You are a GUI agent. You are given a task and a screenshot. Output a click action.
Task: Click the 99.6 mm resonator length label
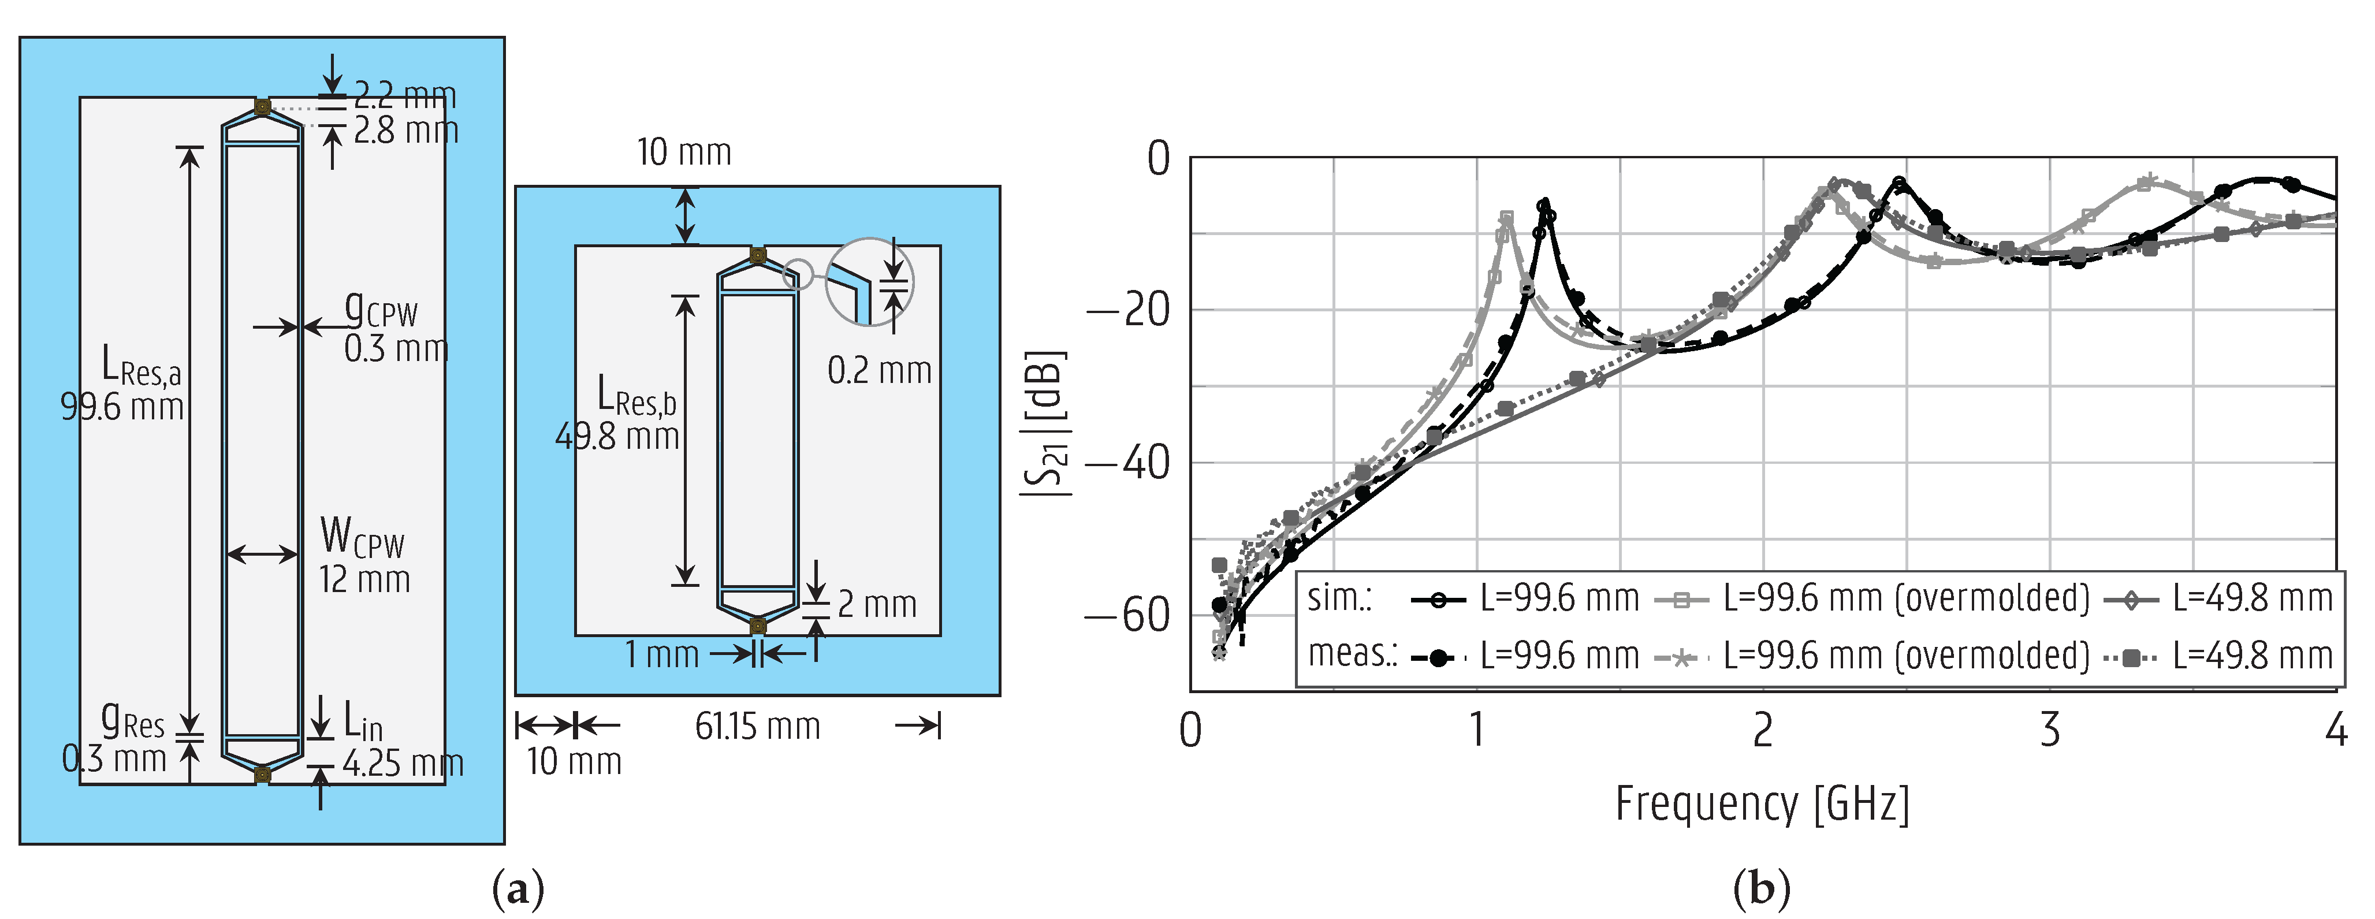click(122, 405)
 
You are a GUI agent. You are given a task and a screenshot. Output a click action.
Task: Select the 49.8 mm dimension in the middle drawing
click(617, 435)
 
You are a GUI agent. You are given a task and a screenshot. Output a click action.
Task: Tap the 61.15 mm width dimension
click(757, 726)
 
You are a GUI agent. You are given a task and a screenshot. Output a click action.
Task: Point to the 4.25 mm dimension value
click(403, 763)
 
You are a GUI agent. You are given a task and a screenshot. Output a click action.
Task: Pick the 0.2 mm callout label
click(878, 371)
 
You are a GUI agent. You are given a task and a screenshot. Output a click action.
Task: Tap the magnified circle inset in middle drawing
click(869, 282)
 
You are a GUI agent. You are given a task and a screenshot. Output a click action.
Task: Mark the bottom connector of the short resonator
click(758, 627)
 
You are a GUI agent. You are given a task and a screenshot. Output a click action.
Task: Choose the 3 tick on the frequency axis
click(2050, 730)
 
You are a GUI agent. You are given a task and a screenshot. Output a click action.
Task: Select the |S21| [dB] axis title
click(1045, 424)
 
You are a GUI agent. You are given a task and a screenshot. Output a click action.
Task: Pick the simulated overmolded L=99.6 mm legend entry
click(1871, 599)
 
